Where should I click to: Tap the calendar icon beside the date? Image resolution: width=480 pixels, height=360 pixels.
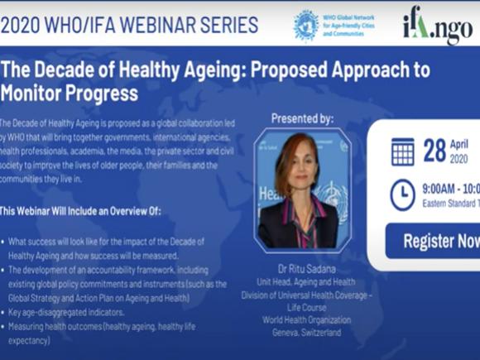(403, 151)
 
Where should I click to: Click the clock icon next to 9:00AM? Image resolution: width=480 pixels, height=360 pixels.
(403, 194)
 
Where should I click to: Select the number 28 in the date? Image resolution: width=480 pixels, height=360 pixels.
(434, 151)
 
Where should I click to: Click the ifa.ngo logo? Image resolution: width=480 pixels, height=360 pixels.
(437, 26)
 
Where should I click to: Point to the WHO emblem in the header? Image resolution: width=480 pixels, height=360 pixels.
(306, 25)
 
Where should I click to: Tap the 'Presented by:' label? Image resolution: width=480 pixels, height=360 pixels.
(302, 118)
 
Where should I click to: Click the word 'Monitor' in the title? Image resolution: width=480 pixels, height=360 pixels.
(33, 90)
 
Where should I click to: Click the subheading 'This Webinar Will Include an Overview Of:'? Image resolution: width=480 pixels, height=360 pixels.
(80, 212)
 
